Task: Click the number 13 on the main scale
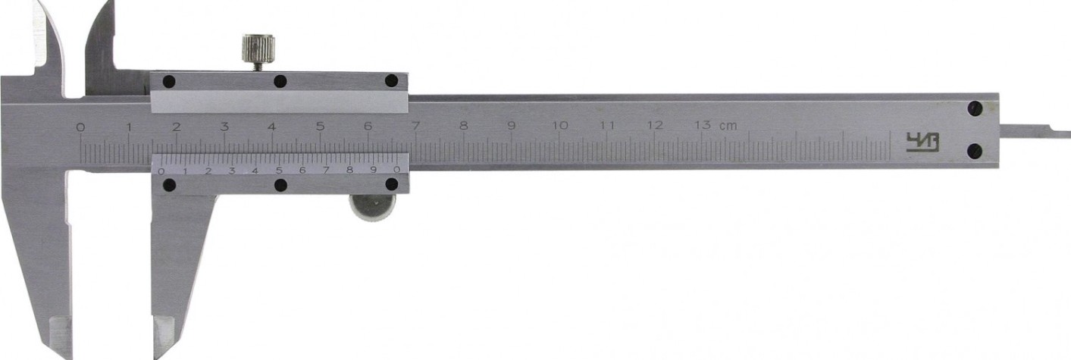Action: tap(703, 126)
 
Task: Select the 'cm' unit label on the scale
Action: tap(728, 127)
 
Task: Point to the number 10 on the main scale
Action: tap(560, 126)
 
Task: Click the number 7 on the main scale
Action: tap(416, 127)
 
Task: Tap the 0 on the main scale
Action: tap(80, 127)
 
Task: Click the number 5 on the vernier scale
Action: tap(279, 171)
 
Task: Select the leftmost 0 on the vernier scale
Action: tap(161, 171)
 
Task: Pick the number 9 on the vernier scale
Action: tap(374, 170)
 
